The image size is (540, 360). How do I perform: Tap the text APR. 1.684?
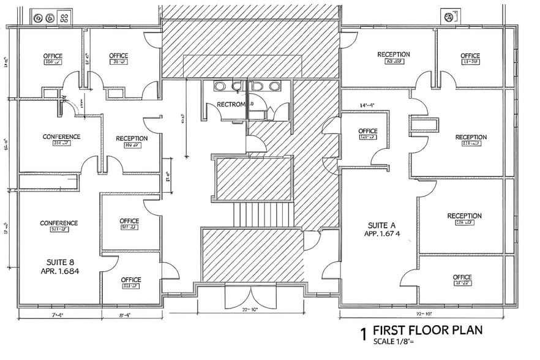pyautogui.click(x=60, y=271)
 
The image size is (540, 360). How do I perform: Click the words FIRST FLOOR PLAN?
pyautogui.click(x=427, y=331)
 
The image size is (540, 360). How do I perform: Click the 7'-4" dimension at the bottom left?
pyautogui.click(x=58, y=315)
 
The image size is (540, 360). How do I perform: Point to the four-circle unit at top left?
pyautogui.click(x=51, y=18)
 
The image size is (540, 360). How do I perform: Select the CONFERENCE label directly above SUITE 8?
pyautogui.click(x=59, y=223)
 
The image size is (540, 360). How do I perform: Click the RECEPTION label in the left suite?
pyautogui.click(x=132, y=138)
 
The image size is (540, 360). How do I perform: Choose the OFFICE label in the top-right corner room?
pyautogui.click(x=470, y=56)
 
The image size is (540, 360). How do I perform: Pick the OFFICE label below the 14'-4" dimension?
pyautogui.click(x=367, y=131)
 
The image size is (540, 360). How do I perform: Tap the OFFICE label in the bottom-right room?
pyautogui.click(x=462, y=277)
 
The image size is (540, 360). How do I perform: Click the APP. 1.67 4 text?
pyautogui.click(x=382, y=234)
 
